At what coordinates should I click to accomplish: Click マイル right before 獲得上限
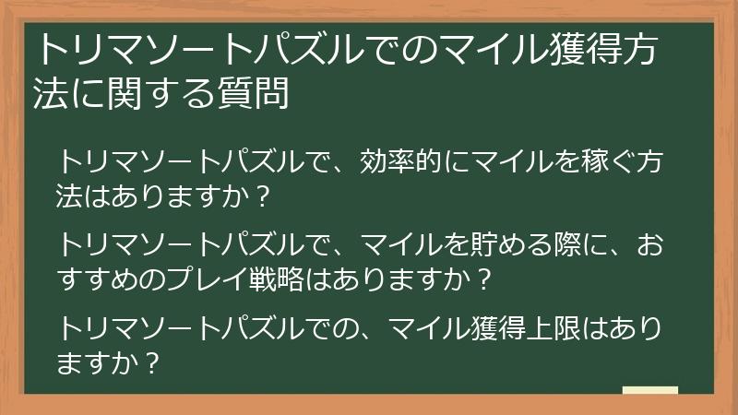click(x=430, y=328)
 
